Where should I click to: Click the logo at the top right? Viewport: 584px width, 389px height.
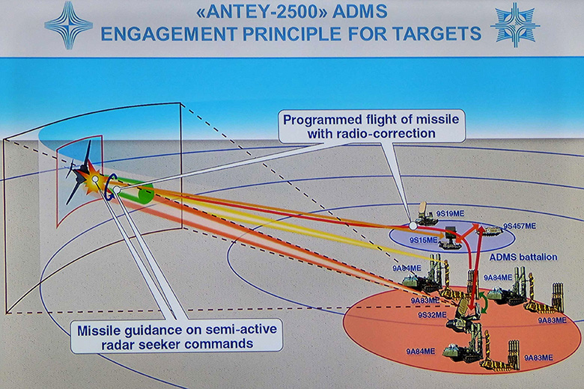point(514,24)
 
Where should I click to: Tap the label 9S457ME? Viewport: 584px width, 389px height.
point(519,225)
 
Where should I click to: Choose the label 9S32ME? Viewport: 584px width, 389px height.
point(432,316)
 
